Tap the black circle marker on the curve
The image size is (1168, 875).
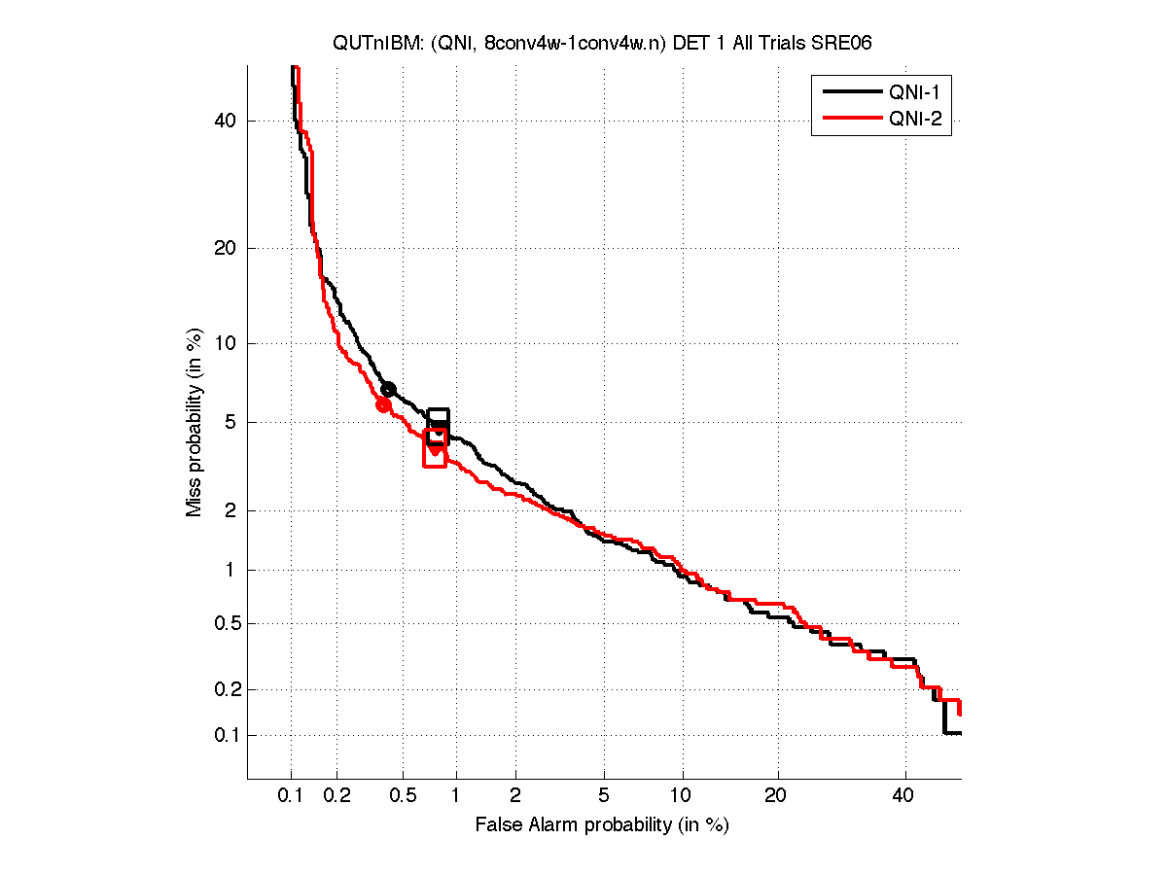388,389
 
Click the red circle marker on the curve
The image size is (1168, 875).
383,404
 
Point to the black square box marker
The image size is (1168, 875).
438,427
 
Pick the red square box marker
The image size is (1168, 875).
435,448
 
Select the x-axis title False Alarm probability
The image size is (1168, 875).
602,825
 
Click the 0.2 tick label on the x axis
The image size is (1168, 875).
336,796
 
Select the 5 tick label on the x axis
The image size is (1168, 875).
604,796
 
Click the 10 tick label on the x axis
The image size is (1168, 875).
683,796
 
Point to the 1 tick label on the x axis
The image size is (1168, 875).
455,796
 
